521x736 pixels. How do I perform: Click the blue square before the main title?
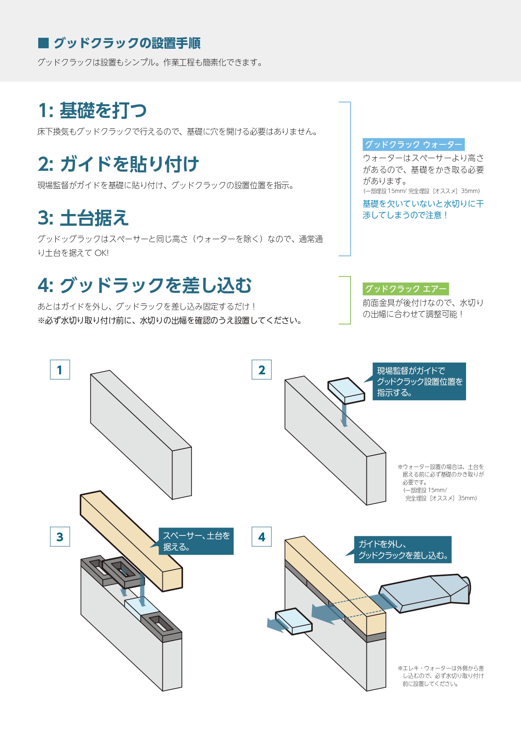tap(43, 43)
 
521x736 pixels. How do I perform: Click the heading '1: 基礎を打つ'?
tap(92, 110)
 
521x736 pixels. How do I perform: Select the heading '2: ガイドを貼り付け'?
tap(118, 164)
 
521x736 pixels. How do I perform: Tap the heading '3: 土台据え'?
tap(83, 218)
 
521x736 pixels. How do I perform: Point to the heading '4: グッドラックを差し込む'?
tap(144, 285)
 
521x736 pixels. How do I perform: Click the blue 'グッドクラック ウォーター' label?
tap(414, 144)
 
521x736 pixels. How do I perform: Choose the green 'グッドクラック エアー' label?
tap(406, 289)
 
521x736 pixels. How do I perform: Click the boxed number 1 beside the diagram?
tap(60, 370)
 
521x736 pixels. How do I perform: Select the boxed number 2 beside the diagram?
tap(262, 370)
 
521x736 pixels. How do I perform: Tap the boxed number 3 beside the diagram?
tap(60, 537)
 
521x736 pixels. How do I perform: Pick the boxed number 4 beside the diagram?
tap(262, 537)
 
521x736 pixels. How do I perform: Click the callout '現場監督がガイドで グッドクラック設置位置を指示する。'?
tap(419, 381)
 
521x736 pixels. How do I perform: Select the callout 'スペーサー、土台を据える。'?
tap(196, 541)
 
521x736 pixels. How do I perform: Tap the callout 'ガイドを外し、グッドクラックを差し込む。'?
tap(403, 550)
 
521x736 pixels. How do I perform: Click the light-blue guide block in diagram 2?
tap(346, 390)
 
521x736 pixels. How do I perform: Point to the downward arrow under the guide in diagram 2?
tap(344, 415)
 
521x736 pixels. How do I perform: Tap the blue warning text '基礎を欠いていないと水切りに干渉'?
tap(423, 209)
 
